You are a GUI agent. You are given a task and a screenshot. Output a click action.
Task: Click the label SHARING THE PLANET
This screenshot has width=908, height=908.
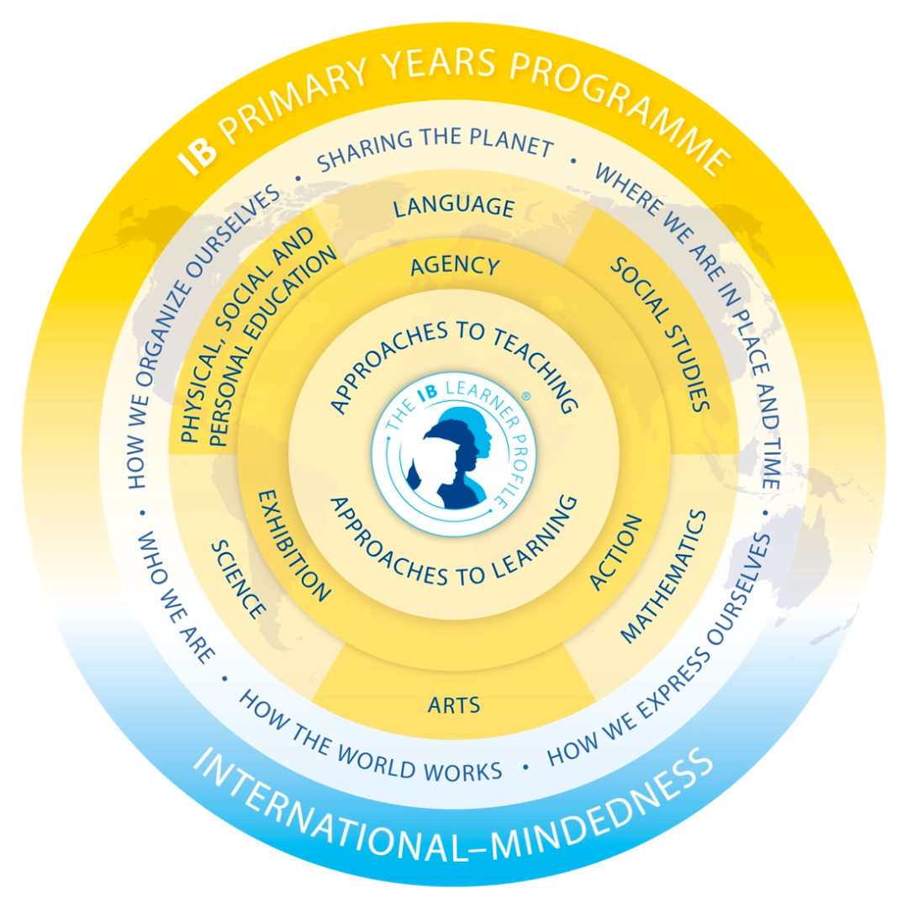436,148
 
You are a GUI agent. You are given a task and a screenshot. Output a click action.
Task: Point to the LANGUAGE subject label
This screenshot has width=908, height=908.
454,208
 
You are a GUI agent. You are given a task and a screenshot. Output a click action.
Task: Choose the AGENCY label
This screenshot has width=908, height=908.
455,266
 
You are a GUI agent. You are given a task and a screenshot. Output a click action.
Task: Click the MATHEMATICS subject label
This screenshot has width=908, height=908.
664,577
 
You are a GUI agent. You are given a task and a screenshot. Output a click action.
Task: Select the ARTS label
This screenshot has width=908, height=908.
454,705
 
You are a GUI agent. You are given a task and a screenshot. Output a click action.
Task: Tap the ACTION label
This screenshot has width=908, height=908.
615,552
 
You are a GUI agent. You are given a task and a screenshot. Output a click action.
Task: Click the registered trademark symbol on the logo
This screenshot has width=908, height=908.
525,397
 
